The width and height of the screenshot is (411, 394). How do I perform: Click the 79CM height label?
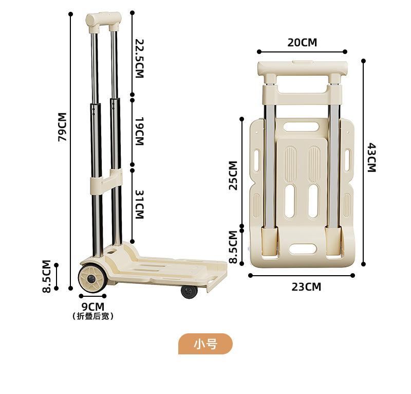62,127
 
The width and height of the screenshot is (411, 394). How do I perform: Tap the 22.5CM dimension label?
139,59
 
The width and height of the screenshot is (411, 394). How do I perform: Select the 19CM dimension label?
139,131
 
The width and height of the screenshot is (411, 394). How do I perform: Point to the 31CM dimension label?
139,205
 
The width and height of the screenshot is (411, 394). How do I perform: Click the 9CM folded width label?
93,307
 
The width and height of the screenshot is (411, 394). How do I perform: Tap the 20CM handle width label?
302,43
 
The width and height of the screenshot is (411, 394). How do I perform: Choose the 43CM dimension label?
371,157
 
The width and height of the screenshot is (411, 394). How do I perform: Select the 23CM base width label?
306,286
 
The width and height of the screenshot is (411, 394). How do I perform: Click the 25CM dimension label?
233,175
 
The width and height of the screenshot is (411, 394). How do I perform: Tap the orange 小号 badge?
206,344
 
